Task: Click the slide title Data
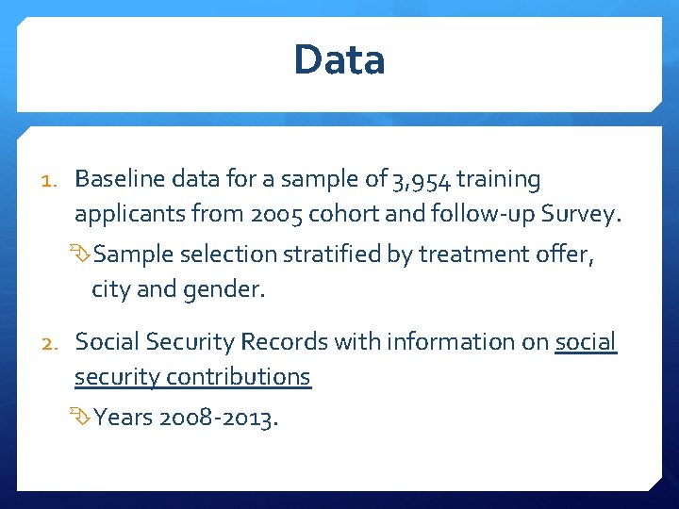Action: (339, 59)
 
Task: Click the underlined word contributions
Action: (239, 376)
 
